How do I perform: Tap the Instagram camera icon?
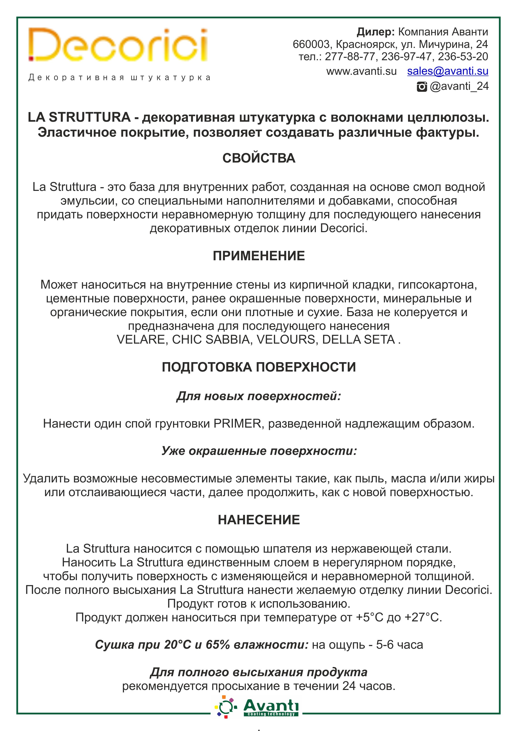pos(422,87)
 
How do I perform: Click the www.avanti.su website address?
pos(361,71)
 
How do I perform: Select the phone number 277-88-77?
pos(350,57)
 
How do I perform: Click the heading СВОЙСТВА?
pos(258,158)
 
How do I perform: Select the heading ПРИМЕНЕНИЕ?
pos(258,256)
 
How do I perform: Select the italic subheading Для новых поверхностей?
pos(258,396)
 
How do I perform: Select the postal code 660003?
pos(311,44)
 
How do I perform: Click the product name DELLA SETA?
pos(358,340)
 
